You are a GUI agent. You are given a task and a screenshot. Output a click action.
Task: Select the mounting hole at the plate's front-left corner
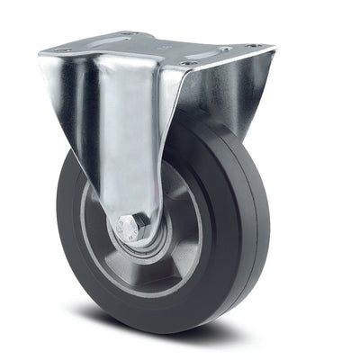(65, 50)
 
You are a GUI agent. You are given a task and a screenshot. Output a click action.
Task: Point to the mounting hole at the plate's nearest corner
(185, 64)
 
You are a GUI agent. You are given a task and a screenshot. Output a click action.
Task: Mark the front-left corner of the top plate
(40, 54)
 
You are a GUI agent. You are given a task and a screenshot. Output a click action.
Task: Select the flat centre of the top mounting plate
(157, 49)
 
